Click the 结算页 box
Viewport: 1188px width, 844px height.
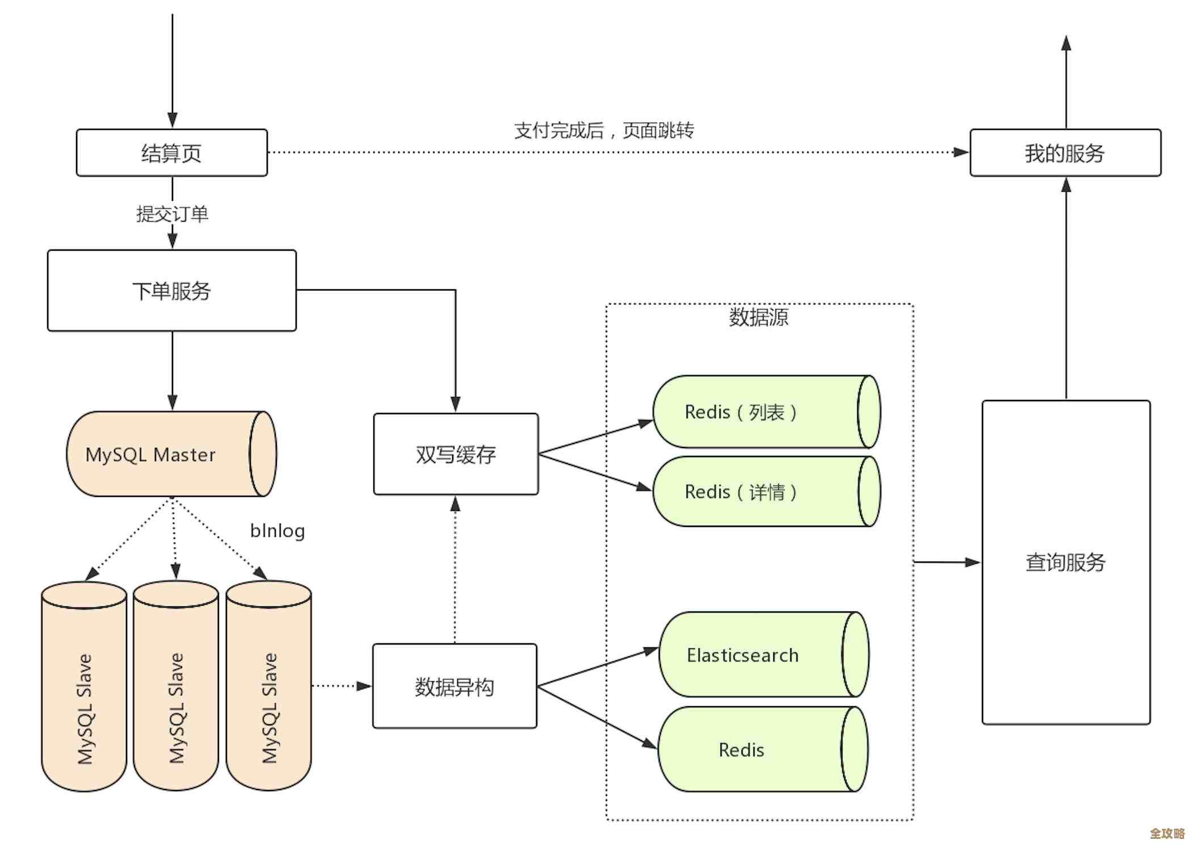click(x=171, y=153)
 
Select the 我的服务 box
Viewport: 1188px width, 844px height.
click(x=1065, y=153)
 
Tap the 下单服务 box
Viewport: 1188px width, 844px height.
click(x=171, y=290)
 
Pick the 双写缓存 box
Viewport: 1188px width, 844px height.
click(x=456, y=454)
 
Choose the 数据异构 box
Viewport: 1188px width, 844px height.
click(x=454, y=686)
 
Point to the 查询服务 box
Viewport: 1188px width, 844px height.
click(x=1065, y=562)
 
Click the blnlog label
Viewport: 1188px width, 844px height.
click(x=277, y=531)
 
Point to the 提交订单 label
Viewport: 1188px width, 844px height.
click(x=172, y=214)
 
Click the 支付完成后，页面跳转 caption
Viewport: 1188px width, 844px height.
click(x=604, y=130)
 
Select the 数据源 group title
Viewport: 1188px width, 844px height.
click(x=759, y=317)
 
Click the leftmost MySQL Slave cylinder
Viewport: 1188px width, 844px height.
click(x=84, y=686)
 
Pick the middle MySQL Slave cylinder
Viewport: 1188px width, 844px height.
click(x=176, y=686)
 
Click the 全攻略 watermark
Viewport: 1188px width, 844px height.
click(x=1167, y=833)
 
